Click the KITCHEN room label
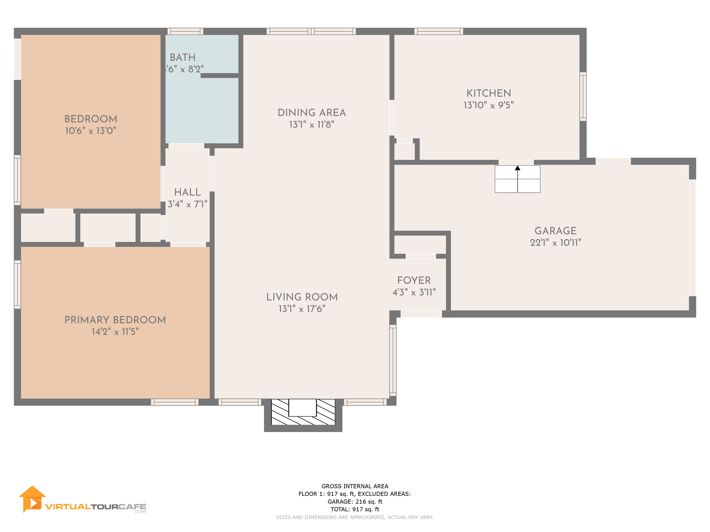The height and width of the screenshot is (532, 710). (488, 93)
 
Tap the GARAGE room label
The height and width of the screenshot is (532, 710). (555, 231)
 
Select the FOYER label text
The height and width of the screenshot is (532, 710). (414, 280)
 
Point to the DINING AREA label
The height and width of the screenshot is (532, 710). (312, 113)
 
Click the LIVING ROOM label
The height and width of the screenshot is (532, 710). (302, 297)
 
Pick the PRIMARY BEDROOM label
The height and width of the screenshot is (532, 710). (115, 320)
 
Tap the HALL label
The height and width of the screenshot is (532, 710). (187, 192)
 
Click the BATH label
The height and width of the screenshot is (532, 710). (183, 58)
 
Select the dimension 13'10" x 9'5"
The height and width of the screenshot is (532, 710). (488, 105)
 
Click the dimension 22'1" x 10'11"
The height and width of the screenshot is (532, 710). (555, 243)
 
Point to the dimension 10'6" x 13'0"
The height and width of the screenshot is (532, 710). (91, 131)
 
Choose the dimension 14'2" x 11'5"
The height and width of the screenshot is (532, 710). (115, 332)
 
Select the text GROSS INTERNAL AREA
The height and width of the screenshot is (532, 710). (355, 486)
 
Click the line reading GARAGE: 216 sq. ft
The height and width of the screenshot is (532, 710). (355, 502)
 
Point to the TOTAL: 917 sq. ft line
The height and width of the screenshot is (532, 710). (355, 509)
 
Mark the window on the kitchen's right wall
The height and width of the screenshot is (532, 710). (583, 97)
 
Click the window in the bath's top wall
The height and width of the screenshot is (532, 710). (185, 31)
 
